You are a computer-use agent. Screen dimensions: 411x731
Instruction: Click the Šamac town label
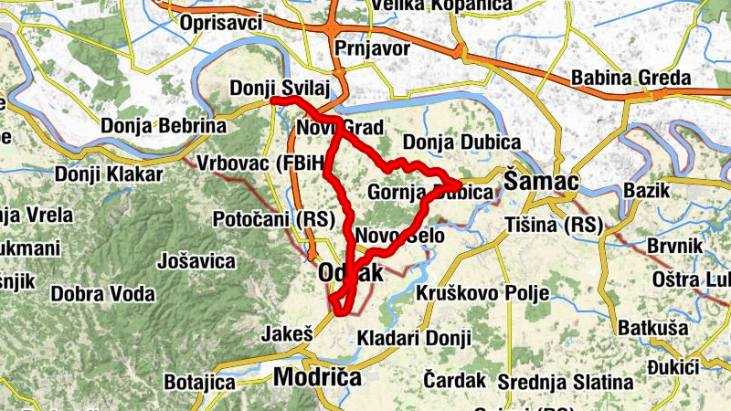point(541,182)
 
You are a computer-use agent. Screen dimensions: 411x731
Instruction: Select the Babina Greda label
point(630,78)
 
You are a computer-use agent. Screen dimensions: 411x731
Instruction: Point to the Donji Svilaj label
point(278,88)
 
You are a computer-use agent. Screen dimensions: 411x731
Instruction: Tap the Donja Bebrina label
point(164,125)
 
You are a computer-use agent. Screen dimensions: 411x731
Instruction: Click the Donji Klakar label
point(109,174)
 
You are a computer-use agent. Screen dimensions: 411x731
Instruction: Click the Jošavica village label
point(196,261)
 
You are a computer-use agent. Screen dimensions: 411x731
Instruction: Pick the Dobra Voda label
point(102,294)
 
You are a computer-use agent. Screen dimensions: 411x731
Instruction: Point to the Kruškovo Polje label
point(482,293)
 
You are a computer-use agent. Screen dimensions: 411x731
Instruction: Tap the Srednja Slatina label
point(566,381)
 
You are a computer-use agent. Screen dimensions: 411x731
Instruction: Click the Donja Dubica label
point(461,142)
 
